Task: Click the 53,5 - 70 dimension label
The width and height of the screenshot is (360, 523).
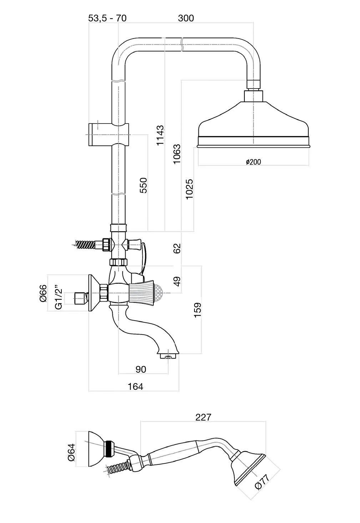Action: (x=107, y=18)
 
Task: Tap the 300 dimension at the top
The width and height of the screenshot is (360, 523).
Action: (x=186, y=18)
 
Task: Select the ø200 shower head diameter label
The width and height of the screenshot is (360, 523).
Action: (x=253, y=162)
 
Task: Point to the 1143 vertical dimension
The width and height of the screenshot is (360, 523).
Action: (x=160, y=135)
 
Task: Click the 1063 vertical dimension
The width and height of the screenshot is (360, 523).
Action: (x=177, y=154)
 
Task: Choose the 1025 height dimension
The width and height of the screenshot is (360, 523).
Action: (x=189, y=188)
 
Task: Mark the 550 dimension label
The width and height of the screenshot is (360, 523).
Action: (x=143, y=185)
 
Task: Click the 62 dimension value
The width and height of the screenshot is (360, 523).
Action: (x=177, y=248)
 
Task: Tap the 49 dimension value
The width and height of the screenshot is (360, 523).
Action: (x=177, y=281)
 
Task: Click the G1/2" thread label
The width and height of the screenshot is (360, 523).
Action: (x=58, y=296)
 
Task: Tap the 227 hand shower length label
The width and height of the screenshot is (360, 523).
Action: (x=203, y=417)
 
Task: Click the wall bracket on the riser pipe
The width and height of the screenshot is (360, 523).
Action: (x=107, y=135)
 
